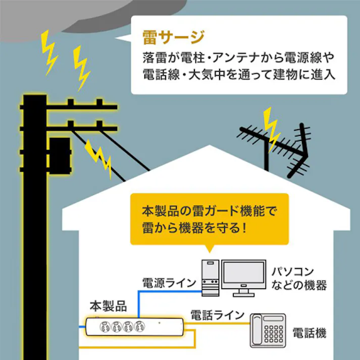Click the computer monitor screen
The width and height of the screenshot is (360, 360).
coord(244,275)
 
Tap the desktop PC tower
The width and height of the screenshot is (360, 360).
coord(210,278)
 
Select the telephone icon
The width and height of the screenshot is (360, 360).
coord(269,331)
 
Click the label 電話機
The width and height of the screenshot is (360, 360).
coord(309,333)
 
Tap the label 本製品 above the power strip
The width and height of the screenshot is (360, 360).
coord(108,306)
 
